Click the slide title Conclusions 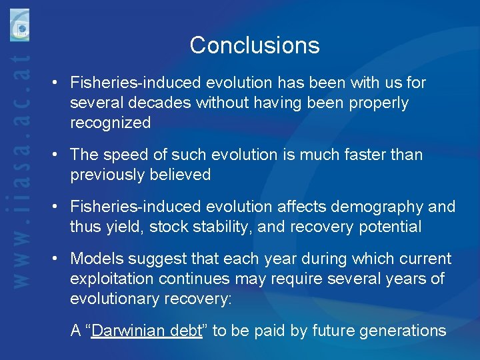click(x=255, y=45)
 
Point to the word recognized click(x=110, y=123)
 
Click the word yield click(x=121, y=227)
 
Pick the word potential click(x=391, y=227)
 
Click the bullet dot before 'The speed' click(x=59, y=155)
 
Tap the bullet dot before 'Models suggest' click(x=59, y=259)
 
